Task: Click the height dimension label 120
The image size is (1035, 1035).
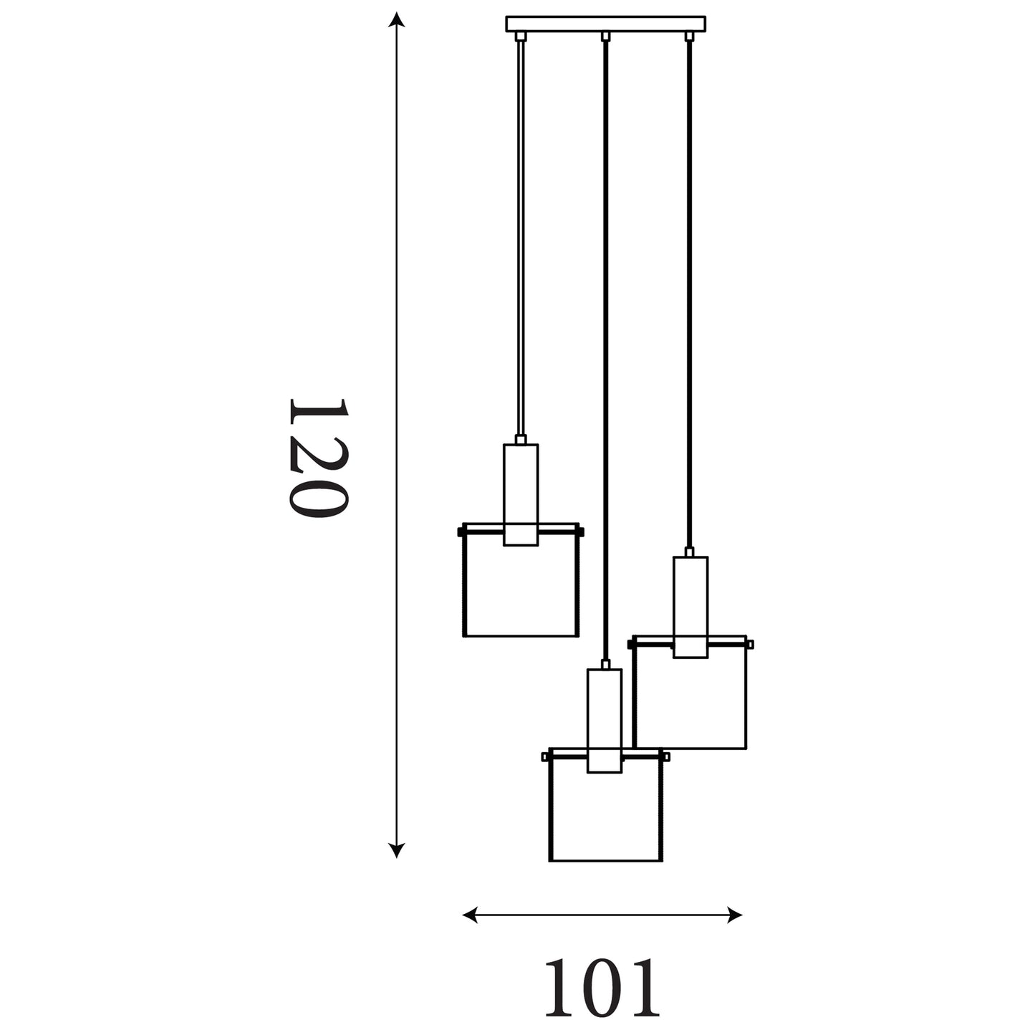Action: (x=319, y=458)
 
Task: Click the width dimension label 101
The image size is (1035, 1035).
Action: (x=602, y=987)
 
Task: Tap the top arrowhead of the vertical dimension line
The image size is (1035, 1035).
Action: (x=396, y=19)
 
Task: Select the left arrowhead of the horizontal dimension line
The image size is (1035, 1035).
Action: (x=470, y=915)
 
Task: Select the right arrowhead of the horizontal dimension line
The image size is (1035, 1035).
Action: (x=735, y=915)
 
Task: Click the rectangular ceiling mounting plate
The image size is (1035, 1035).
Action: (x=605, y=24)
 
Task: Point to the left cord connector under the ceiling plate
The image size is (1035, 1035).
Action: (x=520, y=37)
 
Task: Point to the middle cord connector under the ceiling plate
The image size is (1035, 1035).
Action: (x=605, y=37)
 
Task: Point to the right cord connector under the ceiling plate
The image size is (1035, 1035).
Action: (x=689, y=37)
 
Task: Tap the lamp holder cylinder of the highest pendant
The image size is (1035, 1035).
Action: (x=521, y=495)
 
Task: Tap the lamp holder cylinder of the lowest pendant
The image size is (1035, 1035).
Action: (x=605, y=721)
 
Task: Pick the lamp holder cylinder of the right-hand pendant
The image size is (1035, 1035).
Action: (x=690, y=607)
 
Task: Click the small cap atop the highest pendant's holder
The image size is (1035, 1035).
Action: (x=521, y=439)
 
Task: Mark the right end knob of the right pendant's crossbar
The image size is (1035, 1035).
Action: (x=750, y=644)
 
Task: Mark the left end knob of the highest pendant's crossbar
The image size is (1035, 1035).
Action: (x=461, y=531)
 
